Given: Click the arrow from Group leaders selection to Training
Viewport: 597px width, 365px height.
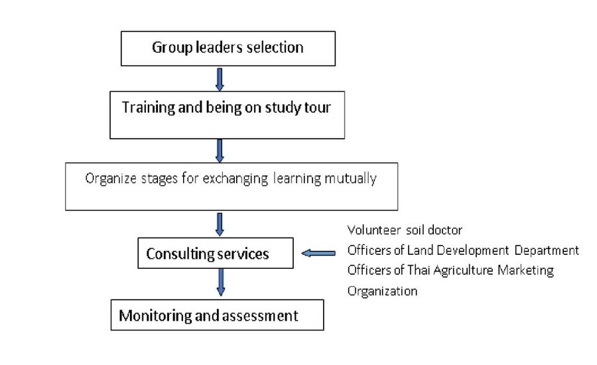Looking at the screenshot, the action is tap(220, 79).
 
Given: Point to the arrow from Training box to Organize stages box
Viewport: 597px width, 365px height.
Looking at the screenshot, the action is tap(220, 151).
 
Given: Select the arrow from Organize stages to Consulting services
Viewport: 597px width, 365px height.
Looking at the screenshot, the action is tap(220, 224).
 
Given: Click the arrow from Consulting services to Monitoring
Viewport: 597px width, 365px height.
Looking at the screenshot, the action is tap(220, 282).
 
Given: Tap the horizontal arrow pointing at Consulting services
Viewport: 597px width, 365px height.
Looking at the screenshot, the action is tap(318, 253).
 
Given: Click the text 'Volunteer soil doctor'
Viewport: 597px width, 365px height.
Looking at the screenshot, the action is tap(405, 230).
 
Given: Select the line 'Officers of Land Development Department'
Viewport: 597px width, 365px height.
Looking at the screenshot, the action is tap(463, 250).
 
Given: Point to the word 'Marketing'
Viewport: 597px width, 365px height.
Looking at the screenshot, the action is tap(525, 271).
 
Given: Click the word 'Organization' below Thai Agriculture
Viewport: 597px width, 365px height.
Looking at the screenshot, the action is tap(382, 291).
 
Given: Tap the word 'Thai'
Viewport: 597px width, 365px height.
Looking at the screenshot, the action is tap(419, 270).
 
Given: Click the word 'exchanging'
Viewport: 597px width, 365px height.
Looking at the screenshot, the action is tap(235, 179).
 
